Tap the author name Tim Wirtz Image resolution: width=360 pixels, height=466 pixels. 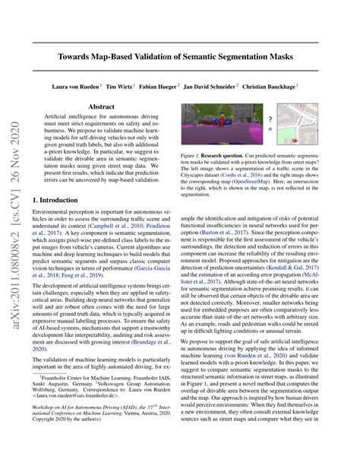pyautogui.click(x=120, y=87)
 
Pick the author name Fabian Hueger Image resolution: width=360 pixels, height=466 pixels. pyautogui.click(x=161, y=87)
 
